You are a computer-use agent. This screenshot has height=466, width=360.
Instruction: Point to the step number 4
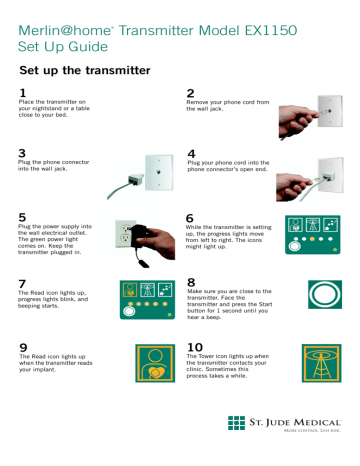[x=190, y=153]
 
